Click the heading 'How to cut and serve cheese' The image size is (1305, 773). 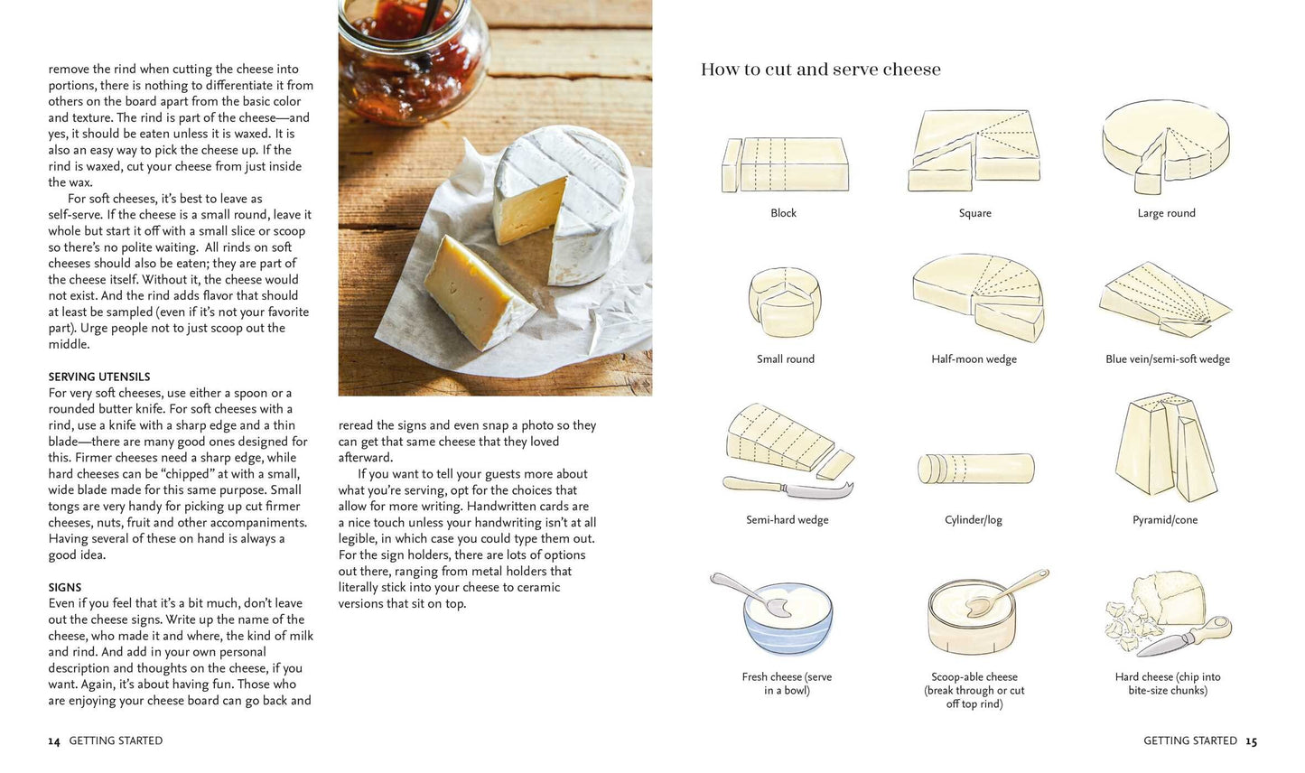[x=820, y=70]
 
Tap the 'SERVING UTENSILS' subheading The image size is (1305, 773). [x=99, y=377]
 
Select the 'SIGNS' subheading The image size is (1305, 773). [x=65, y=587]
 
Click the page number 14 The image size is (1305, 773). [x=54, y=741]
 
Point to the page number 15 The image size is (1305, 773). [x=1251, y=741]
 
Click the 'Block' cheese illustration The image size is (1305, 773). [x=785, y=164]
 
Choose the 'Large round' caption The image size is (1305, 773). [x=1166, y=213]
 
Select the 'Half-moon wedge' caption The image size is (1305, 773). [x=974, y=359]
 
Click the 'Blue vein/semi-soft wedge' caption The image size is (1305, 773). [x=1167, y=359]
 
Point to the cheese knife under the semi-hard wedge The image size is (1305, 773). [x=786, y=489]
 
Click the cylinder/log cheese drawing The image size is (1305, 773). [x=975, y=469]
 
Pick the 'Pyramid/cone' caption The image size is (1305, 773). [x=1165, y=520]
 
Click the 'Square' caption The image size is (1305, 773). [x=974, y=213]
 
